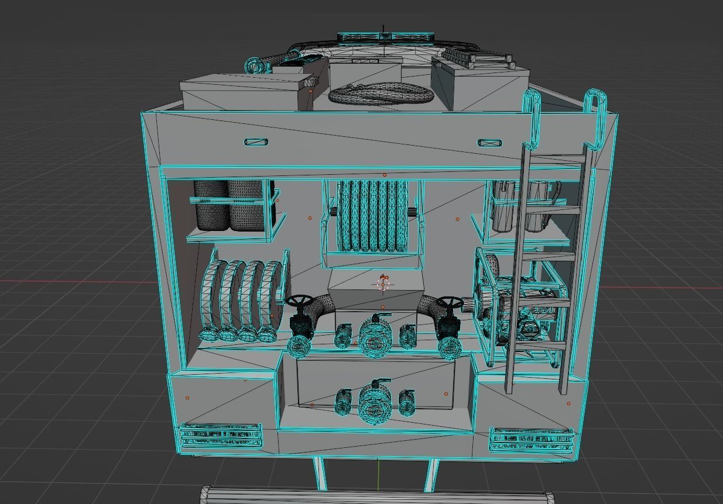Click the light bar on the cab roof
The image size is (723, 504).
pos(385,37)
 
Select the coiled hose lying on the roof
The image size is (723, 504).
pos(381,94)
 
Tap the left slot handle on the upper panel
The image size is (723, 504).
pos(256,142)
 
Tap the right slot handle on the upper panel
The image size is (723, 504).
pos(489,143)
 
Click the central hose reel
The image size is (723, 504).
pos(372,216)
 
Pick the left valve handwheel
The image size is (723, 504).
pos(299,302)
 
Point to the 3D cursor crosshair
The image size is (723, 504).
pos(383,284)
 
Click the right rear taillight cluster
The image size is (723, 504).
pos(532,439)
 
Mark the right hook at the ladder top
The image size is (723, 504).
pos(595,117)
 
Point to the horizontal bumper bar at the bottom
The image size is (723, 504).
pos(378,496)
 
